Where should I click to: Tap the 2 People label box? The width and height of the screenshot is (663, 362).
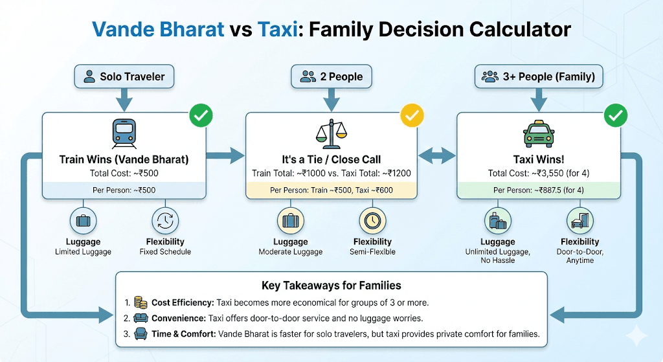coord(331,76)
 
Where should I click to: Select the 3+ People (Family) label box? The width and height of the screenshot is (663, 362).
coord(539,76)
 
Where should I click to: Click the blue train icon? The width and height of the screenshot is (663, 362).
coord(124,133)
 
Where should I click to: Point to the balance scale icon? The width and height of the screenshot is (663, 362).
coord(331,133)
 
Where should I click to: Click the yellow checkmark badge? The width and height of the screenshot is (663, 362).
coord(411,117)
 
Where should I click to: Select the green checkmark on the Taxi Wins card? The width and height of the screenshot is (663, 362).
coord(615,117)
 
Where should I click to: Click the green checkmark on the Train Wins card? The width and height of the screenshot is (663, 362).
coord(200,117)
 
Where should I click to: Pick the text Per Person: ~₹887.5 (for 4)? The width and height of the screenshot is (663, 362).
coord(539,190)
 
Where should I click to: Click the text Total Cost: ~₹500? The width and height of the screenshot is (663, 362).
coord(124,173)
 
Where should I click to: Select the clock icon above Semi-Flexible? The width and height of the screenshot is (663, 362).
coord(372,220)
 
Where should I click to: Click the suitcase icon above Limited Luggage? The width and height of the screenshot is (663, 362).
coord(83,220)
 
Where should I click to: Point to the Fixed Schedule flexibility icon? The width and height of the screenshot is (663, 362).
coord(165,220)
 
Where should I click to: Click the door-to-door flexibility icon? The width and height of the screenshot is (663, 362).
coord(579,220)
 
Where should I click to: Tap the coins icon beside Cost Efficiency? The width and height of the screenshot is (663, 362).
coord(140,302)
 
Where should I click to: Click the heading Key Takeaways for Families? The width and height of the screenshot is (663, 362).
coord(331,285)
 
